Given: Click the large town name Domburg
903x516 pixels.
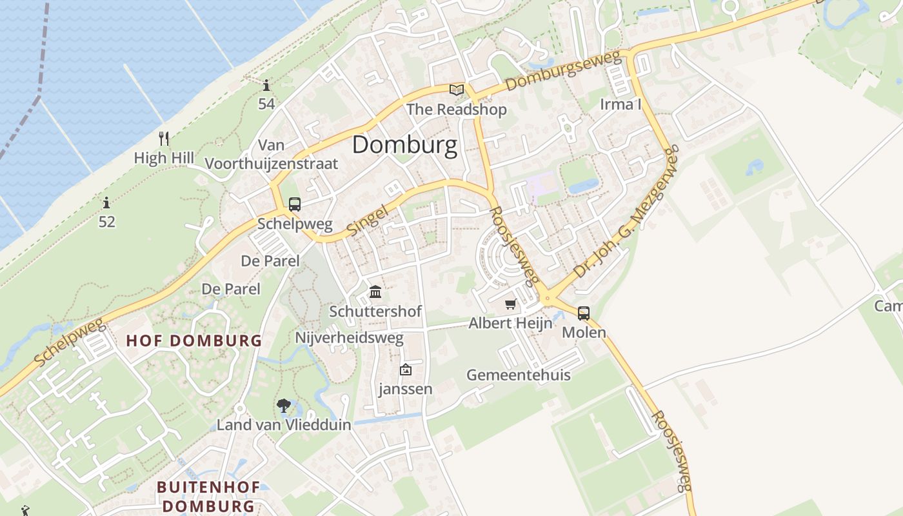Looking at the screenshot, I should tap(404, 144).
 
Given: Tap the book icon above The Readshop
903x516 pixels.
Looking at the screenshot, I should tap(457, 90).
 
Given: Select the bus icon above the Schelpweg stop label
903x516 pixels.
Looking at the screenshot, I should tap(295, 204).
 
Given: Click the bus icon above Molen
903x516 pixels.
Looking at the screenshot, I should tap(584, 313).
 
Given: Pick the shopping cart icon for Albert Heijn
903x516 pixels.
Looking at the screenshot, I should tap(511, 304).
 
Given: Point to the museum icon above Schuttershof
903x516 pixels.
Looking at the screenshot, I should tap(375, 292).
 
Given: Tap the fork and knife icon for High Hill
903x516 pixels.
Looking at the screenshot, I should tap(164, 138).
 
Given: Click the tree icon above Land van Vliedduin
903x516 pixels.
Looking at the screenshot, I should tap(283, 406).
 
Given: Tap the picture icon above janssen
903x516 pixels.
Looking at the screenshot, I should tap(405, 370).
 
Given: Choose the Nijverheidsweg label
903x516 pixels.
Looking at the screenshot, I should tap(349, 337).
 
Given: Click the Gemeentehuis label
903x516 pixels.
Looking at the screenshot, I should tap(518, 375).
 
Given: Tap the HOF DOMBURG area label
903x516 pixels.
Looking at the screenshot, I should tap(193, 341).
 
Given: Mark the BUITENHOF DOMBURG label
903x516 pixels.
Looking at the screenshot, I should tap(208, 497).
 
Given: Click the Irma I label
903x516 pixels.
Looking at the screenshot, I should tap(620, 104).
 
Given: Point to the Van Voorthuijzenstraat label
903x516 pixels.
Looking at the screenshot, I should tap(272, 155).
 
